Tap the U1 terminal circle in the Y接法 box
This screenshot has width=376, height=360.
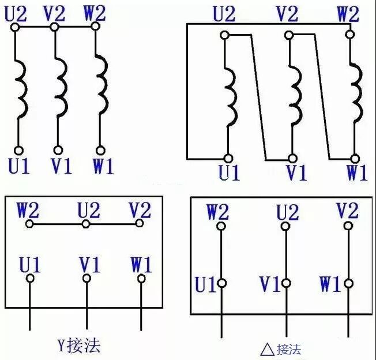pos(30,278)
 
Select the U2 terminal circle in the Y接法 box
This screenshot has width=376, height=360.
pos(86,224)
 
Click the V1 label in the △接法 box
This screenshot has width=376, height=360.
pos(270,284)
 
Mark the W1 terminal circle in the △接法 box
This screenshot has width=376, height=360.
pos(348,283)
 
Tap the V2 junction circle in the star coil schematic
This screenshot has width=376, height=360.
pos(54,28)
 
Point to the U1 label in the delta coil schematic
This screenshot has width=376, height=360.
pos(229,172)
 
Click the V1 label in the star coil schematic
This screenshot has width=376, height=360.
pos(61,166)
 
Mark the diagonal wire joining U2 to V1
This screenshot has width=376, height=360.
pos(258,95)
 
